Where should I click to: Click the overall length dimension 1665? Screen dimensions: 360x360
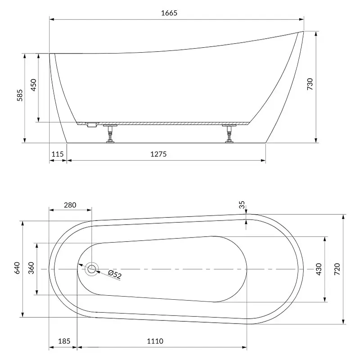coord(169,13)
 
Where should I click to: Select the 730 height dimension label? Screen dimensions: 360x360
coord(310,84)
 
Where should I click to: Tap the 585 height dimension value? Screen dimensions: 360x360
coord(20,95)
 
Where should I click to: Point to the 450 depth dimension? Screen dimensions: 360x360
coord(33,85)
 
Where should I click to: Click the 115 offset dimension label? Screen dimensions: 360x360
coord(58,154)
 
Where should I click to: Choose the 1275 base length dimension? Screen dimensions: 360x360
coord(158,154)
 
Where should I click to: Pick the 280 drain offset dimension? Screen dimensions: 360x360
coord(70,205)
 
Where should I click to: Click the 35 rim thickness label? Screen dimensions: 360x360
coord(242,205)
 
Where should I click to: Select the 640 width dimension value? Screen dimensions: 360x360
coord(17,268)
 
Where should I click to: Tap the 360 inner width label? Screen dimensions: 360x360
coord(31,268)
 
